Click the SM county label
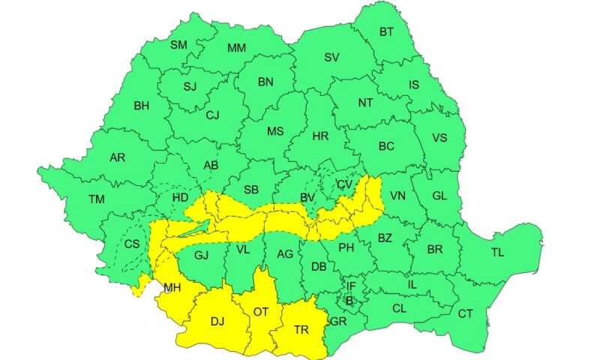click(178, 45)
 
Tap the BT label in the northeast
click(386, 31)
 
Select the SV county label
click(331, 57)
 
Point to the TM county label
click(97, 199)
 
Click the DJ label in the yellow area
click(217, 322)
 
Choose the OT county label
click(261, 311)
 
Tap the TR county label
click(301, 328)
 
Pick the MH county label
click(172, 286)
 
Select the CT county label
click(466, 313)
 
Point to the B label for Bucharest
click(349, 301)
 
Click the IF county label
click(350, 286)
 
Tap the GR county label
click(338, 322)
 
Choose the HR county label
click(320, 136)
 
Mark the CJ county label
click(212, 115)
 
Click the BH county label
click(141, 106)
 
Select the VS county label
click(439, 138)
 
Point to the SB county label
click(252, 190)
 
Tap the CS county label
click(132, 244)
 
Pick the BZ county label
click(385, 238)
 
